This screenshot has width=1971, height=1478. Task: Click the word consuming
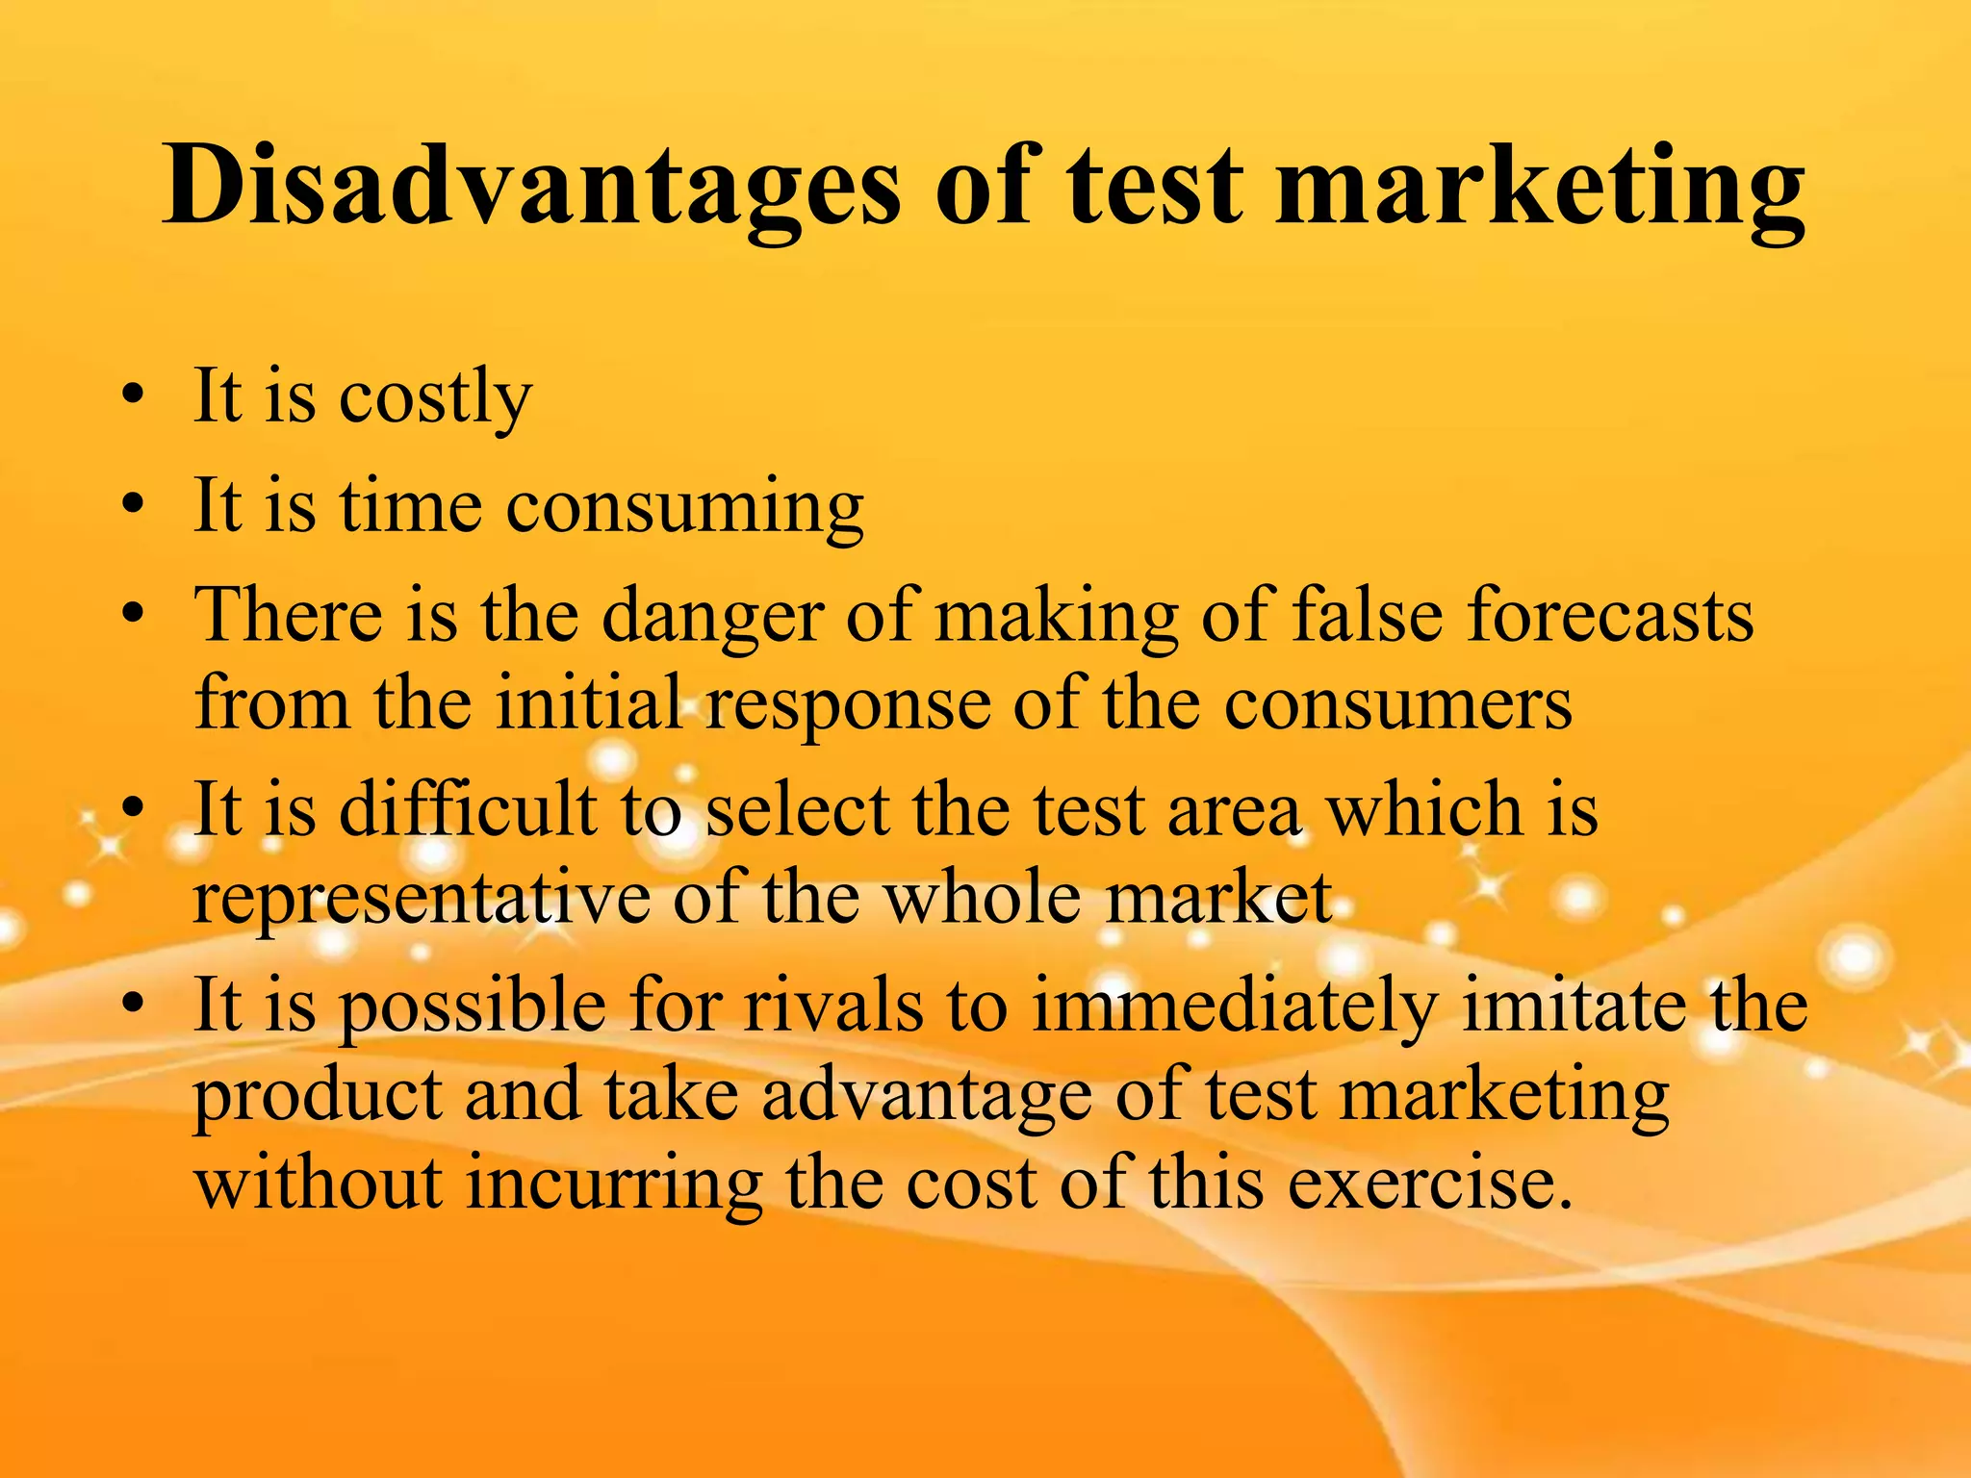[x=684, y=506]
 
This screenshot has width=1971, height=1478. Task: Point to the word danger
[x=712, y=616]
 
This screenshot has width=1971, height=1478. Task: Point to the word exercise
[x=1430, y=1184]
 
